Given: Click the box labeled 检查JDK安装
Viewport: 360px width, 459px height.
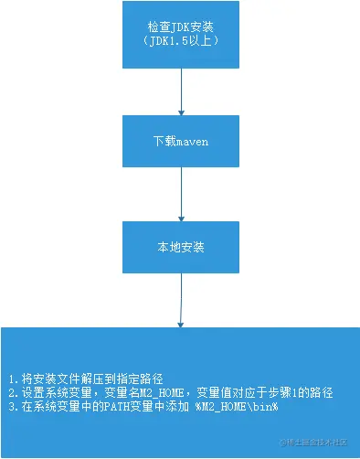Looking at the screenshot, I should pyautogui.click(x=181, y=34).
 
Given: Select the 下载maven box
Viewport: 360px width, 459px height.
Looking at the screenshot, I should pyautogui.click(x=181, y=142).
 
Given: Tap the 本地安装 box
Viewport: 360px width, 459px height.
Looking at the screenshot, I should pyautogui.click(x=181, y=246).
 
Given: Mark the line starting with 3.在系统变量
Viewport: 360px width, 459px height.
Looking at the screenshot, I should pyautogui.click(x=142, y=405).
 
